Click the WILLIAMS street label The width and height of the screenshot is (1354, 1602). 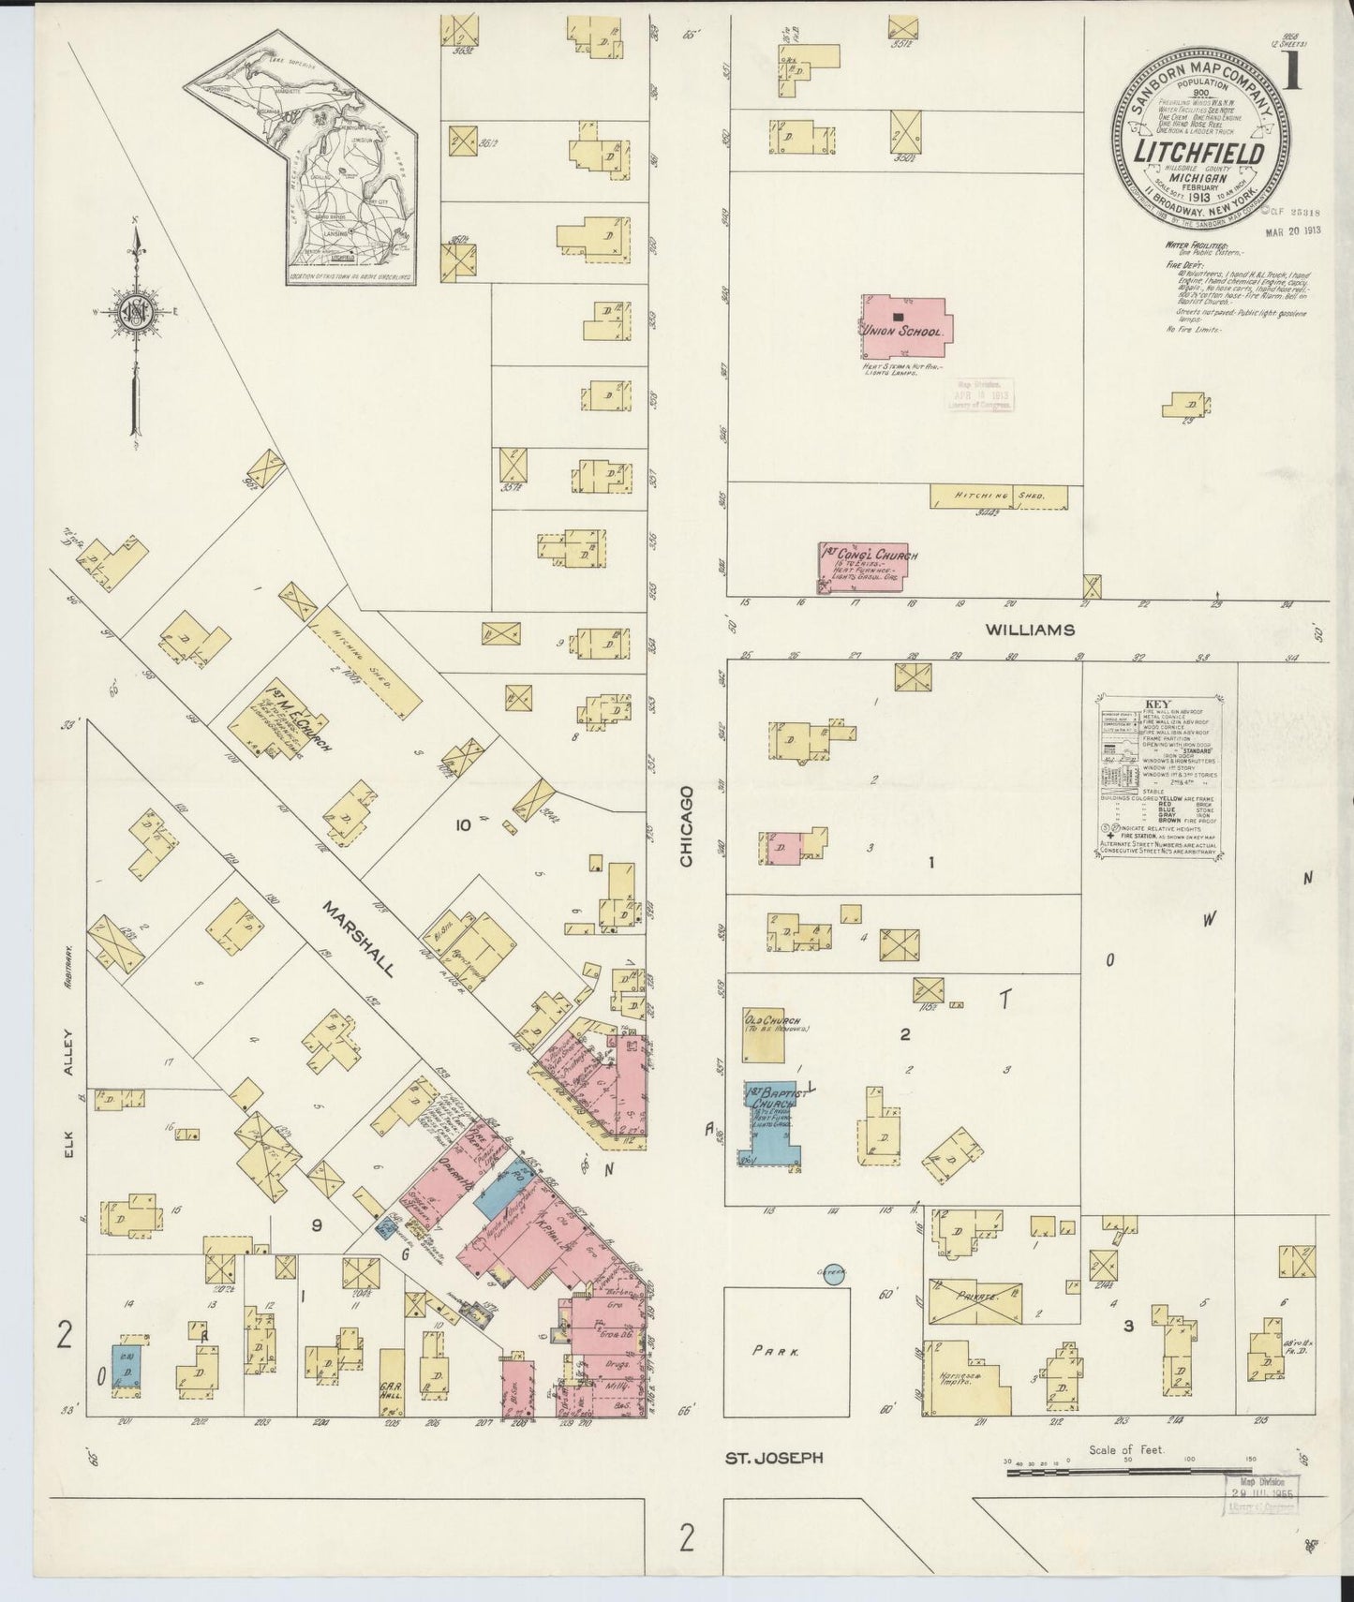1029,630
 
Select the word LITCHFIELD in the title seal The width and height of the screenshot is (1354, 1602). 1201,153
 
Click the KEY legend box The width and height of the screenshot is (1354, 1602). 1164,778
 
